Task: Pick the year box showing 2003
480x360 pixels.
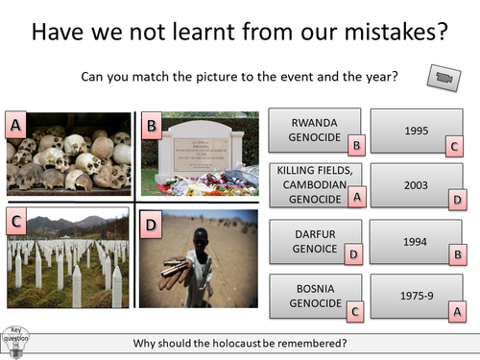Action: point(416,184)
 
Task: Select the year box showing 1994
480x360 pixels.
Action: point(416,240)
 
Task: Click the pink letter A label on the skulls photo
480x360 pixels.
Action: point(15,125)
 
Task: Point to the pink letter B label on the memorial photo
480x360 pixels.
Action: point(152,125)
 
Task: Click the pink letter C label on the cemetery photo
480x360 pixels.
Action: point(15,223)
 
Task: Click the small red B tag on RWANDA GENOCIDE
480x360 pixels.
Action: point(356,146)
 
